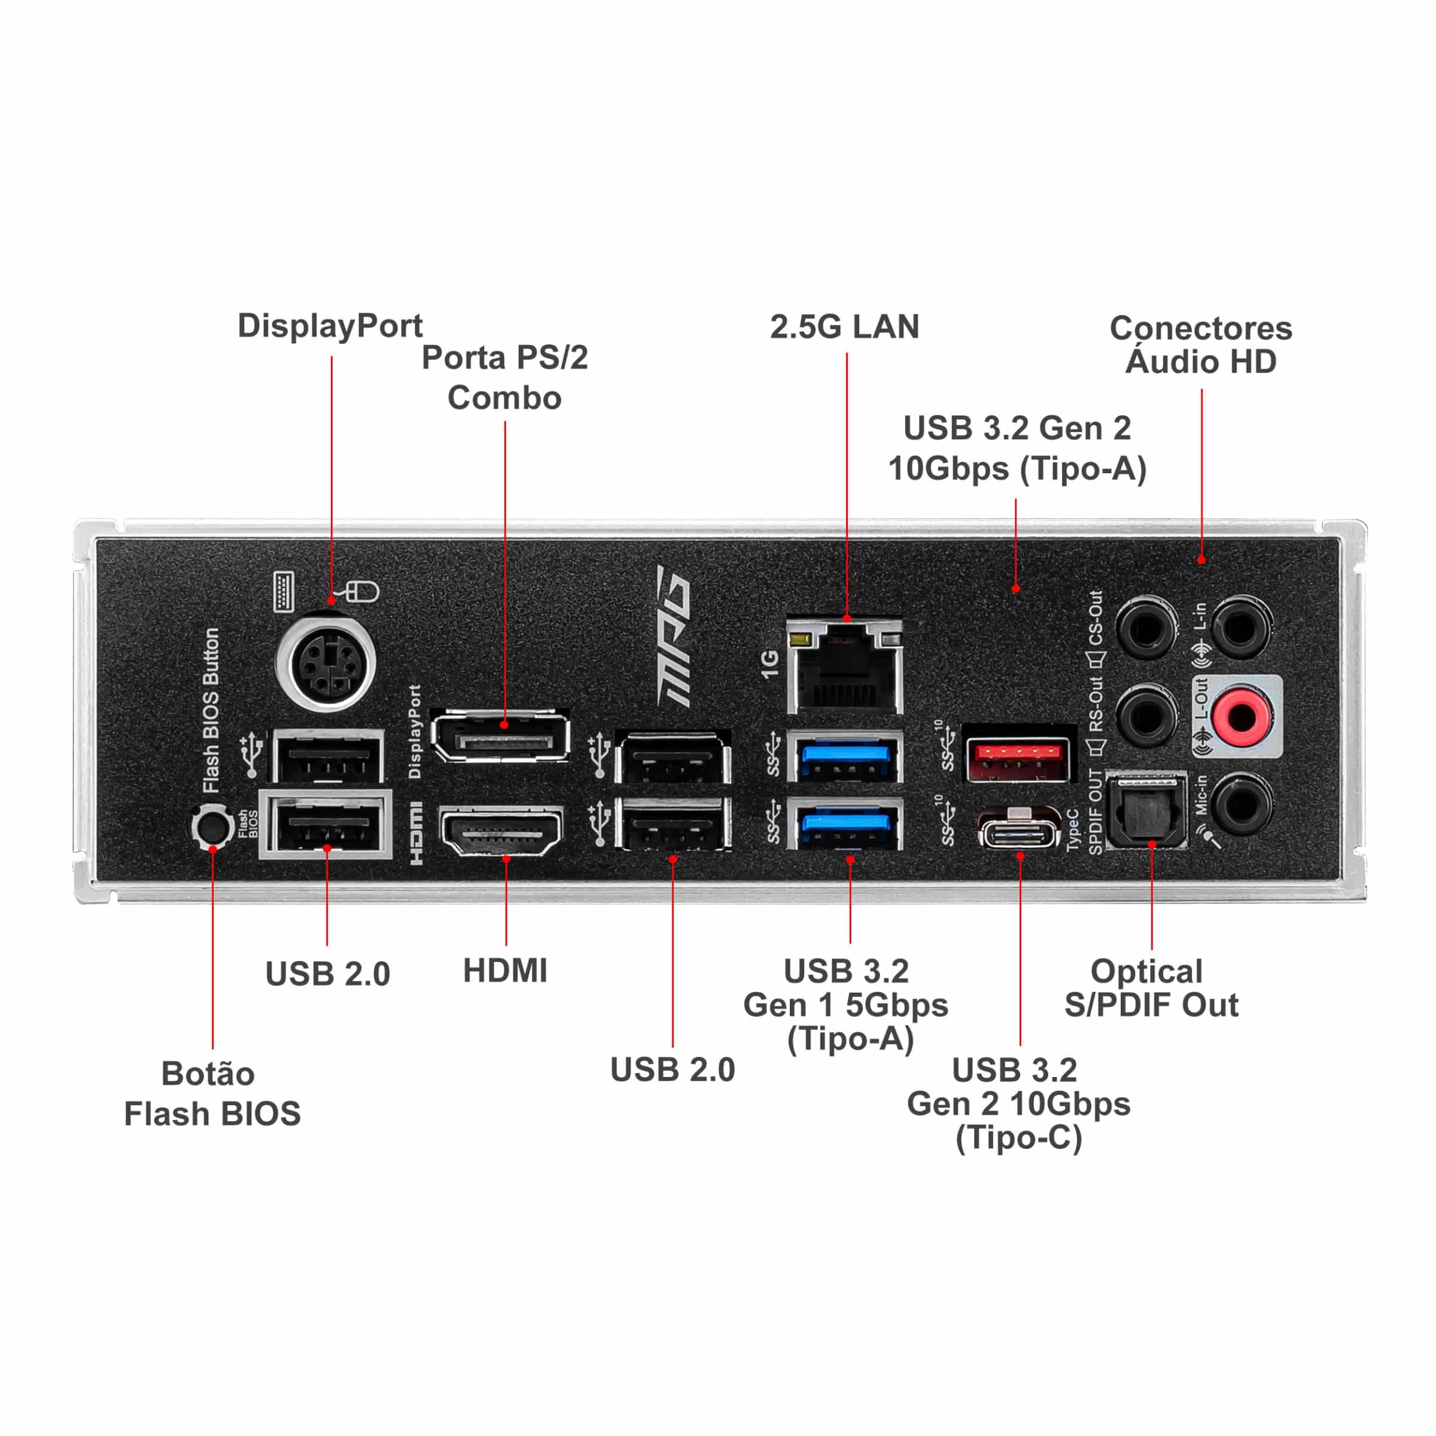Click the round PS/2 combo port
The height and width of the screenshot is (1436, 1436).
pyautogui.click(x=325, y=662)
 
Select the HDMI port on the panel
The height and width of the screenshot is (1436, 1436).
pyautogui.click(x=502, y=832)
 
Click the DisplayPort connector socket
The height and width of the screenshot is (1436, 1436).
pyautogui.click(x=501, y=737)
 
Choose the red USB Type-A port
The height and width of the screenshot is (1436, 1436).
pyautogui.click(x=1019, y=760)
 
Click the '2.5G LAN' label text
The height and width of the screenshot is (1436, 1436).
pyautogui.click(x=844, y=327)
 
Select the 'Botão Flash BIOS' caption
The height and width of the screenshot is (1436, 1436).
pyautogui.click(x=212, y=1093)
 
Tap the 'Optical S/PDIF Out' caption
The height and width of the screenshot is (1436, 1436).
pyautogui.click(x=1151, y=988)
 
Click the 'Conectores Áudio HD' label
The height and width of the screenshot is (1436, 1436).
pyautogui.click(x=1200, y=345)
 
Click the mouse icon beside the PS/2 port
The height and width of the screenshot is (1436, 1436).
pyautogui.click(x=362, y=592)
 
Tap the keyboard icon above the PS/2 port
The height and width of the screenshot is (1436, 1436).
pyautogui.click(x=283, y=592)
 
